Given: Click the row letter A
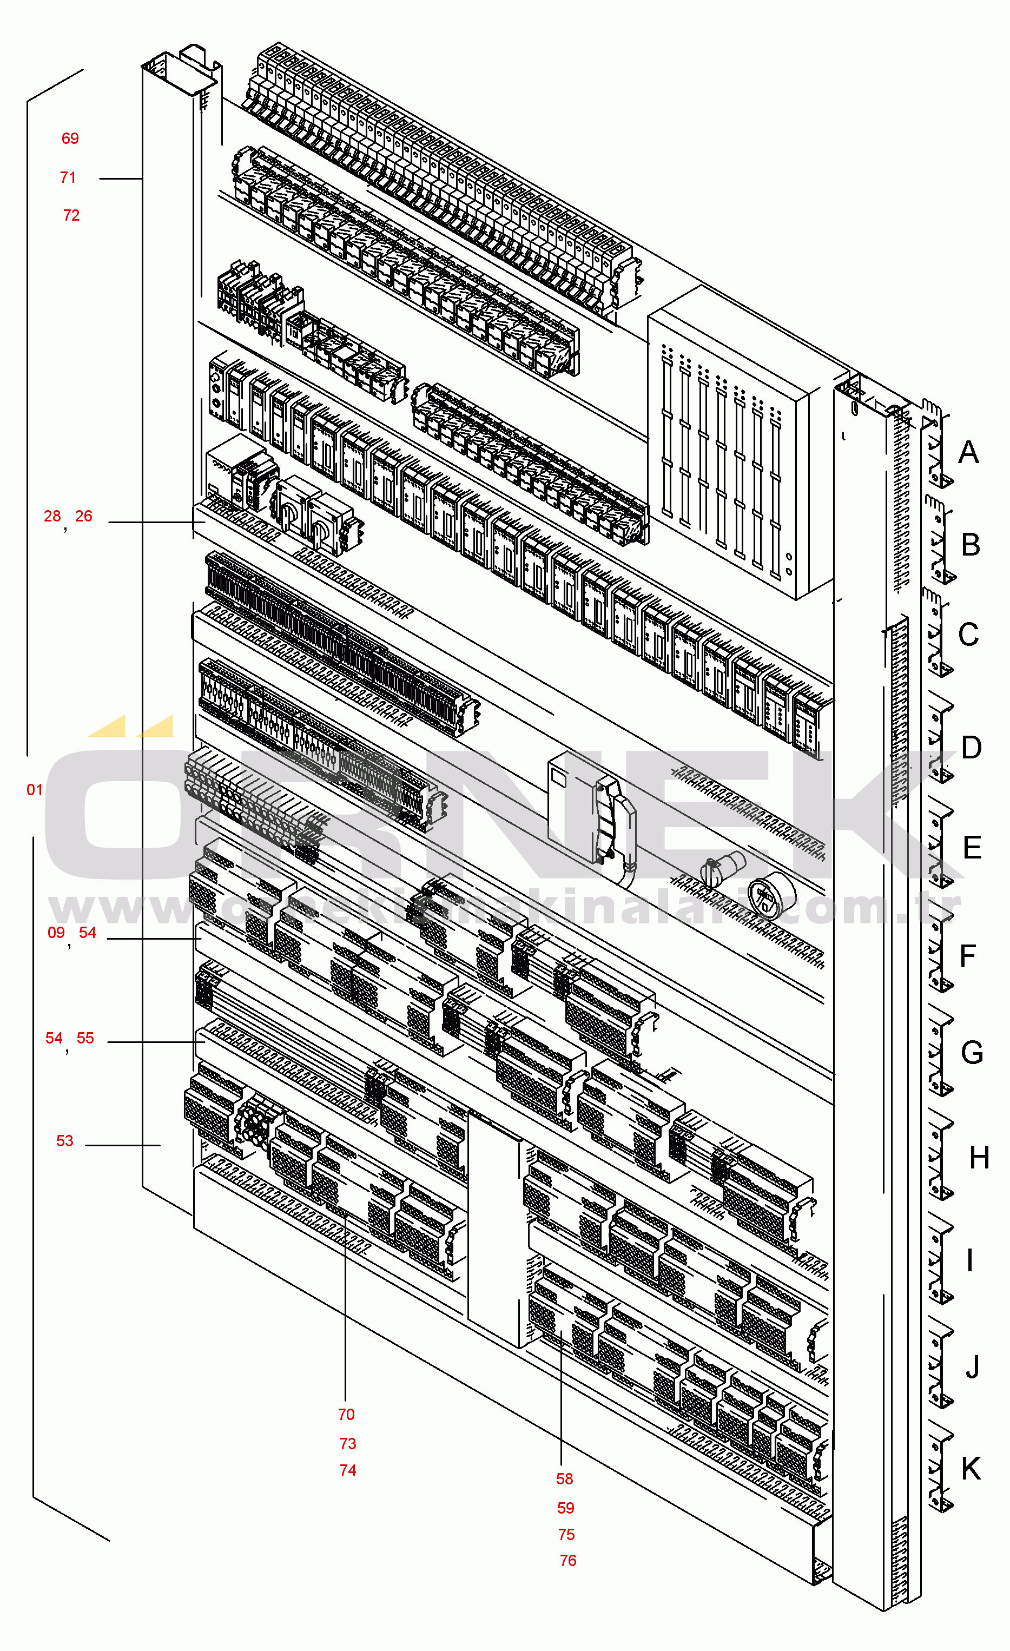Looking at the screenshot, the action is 968,453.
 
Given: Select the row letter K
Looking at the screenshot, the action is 971,1469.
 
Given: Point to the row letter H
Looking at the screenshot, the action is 979,1158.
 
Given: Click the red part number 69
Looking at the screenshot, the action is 70,138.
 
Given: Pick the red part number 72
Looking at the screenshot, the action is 71,216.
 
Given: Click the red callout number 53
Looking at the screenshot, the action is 64,1141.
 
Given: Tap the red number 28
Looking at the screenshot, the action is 52,517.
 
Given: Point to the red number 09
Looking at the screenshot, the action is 56,933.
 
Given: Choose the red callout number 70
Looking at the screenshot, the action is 346,1415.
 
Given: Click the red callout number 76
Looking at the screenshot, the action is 567,1561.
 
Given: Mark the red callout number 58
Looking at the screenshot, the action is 564,1479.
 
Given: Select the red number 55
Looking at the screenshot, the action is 85,1039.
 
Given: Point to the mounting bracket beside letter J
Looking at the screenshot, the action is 940,1367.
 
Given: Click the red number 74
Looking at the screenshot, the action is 347,1470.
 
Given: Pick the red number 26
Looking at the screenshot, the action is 84,517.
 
